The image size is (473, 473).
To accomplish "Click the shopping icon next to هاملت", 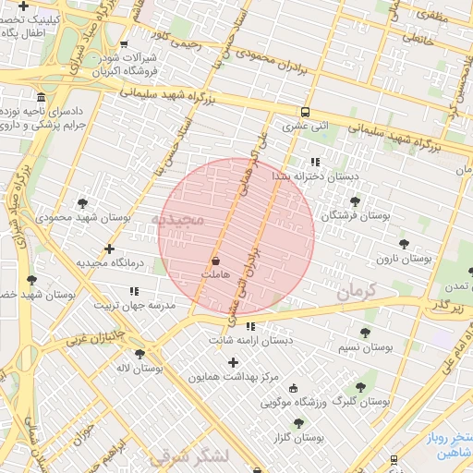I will (215, 261).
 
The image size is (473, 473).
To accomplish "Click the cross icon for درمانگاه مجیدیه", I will (110, 249).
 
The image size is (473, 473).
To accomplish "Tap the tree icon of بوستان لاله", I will (139, 353).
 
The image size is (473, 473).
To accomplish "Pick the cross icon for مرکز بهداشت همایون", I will (233, 362).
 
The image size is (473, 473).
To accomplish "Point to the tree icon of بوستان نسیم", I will (365, 333).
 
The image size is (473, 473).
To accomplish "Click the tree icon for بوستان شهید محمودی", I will (82, 203).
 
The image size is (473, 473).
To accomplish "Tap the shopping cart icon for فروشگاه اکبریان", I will (124, 43).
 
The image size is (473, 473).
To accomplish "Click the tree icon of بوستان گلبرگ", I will (360, 387).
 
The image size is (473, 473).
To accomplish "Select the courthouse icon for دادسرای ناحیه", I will (41, 97).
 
